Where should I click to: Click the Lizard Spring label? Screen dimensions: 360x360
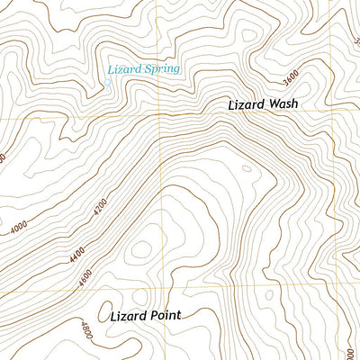tap(144, 68)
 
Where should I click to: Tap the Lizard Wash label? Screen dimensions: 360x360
tap(262, 104)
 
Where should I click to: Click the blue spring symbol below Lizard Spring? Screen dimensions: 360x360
tap(108, 83)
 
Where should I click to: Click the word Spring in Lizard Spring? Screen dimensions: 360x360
tap(164, 68)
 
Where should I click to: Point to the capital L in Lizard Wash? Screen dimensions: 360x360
tap(230, 104)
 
